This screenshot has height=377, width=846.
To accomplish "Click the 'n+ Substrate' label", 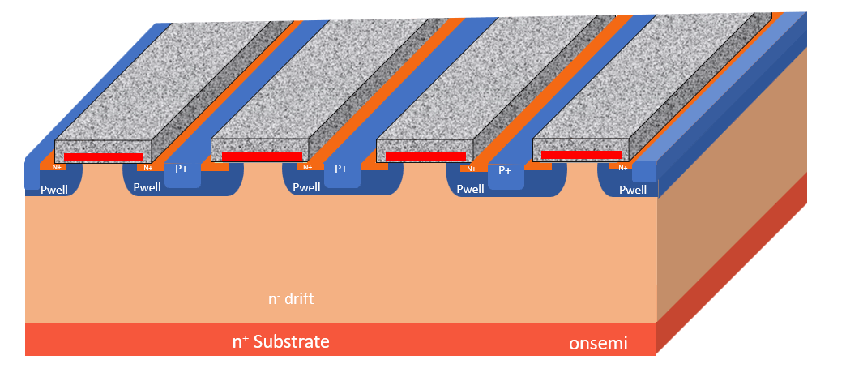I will click(x=281, y=341).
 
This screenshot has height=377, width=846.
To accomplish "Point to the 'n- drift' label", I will click(x=291, y=299).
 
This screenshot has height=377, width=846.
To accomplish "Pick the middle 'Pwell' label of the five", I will click(x=307, y=187).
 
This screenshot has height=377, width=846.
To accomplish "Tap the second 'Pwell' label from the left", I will click(x=147, y=187).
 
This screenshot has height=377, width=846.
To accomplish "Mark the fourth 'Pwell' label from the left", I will click(x=471, y=189).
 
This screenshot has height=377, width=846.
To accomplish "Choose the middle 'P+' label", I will click(x=341, y=169).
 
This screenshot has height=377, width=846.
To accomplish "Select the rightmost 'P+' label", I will click(x=505, y=170).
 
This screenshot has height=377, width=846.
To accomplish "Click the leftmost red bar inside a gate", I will click(x=104, y=157).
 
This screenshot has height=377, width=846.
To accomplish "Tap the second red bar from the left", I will click(x=262, y=156).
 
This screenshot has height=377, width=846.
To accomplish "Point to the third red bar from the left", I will click(x=425, y=156).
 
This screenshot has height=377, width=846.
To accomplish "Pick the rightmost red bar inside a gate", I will click(x=581, y=154).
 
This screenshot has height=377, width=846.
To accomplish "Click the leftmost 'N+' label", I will click(x=57, y=168).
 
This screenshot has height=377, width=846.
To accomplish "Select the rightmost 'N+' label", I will click(x=622, y=168).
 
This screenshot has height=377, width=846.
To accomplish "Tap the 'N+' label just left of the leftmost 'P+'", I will click(x=147, y=168).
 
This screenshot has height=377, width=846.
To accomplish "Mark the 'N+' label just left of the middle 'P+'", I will click(x=307, y=168).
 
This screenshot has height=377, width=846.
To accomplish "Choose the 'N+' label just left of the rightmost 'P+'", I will click(x=471, y=169).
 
